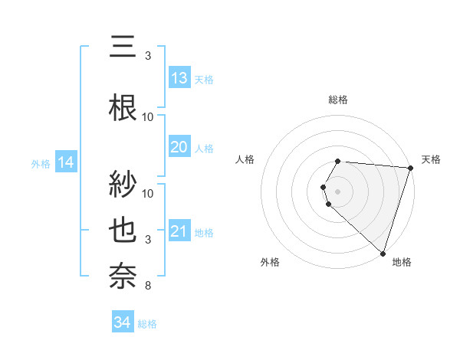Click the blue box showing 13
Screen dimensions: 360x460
pos(179,78)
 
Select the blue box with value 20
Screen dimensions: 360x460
pos(179,147)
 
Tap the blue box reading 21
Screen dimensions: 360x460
pos(179,231)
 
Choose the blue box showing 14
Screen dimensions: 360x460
pos(66,162)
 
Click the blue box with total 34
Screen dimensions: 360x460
pos(123,323)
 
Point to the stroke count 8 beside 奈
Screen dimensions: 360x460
pos(148,286)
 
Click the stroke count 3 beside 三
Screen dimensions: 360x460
pos(148,56)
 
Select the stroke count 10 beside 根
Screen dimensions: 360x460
pos(148,117)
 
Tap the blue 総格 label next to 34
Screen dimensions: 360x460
pos(147,325)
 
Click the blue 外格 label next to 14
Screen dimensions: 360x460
pos(41,163)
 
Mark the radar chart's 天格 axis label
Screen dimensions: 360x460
pos(431,159)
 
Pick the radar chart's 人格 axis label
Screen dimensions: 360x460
pos(245,159)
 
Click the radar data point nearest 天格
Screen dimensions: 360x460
pos(410,168)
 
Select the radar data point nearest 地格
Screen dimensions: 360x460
pos(383,253)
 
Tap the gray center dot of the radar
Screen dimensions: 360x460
pos(338,191)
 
